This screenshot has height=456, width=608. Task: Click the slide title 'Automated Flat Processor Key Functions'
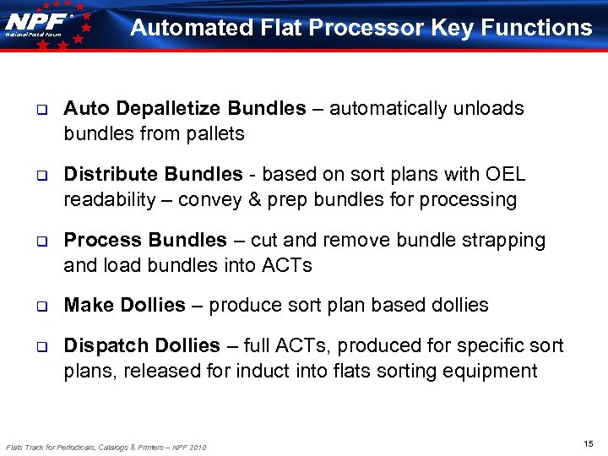click(x=361, y=28)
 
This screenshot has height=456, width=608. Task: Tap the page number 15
click(x=588, y=444)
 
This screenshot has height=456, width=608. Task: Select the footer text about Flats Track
click(x=106, y=446)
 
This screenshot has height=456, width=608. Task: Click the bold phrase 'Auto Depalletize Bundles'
click(x=185, y=109)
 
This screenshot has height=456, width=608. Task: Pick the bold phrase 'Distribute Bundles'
click(x=153, y=175)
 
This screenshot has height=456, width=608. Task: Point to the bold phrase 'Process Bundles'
click(x=145, y=241)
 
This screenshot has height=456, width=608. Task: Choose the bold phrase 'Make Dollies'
click(x=124, y=306)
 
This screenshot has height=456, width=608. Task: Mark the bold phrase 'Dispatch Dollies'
click(x=142, y=346)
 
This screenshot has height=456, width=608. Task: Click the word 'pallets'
click(x=216, y=133)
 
